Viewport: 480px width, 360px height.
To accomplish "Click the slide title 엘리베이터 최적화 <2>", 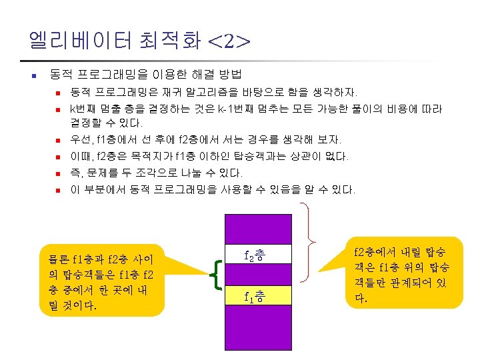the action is (139, 41).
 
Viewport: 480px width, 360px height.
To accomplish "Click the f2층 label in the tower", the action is (255, 255).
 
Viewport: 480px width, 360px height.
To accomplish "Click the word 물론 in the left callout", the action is (53, 259).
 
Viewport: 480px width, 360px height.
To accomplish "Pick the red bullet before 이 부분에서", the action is (58, 191).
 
